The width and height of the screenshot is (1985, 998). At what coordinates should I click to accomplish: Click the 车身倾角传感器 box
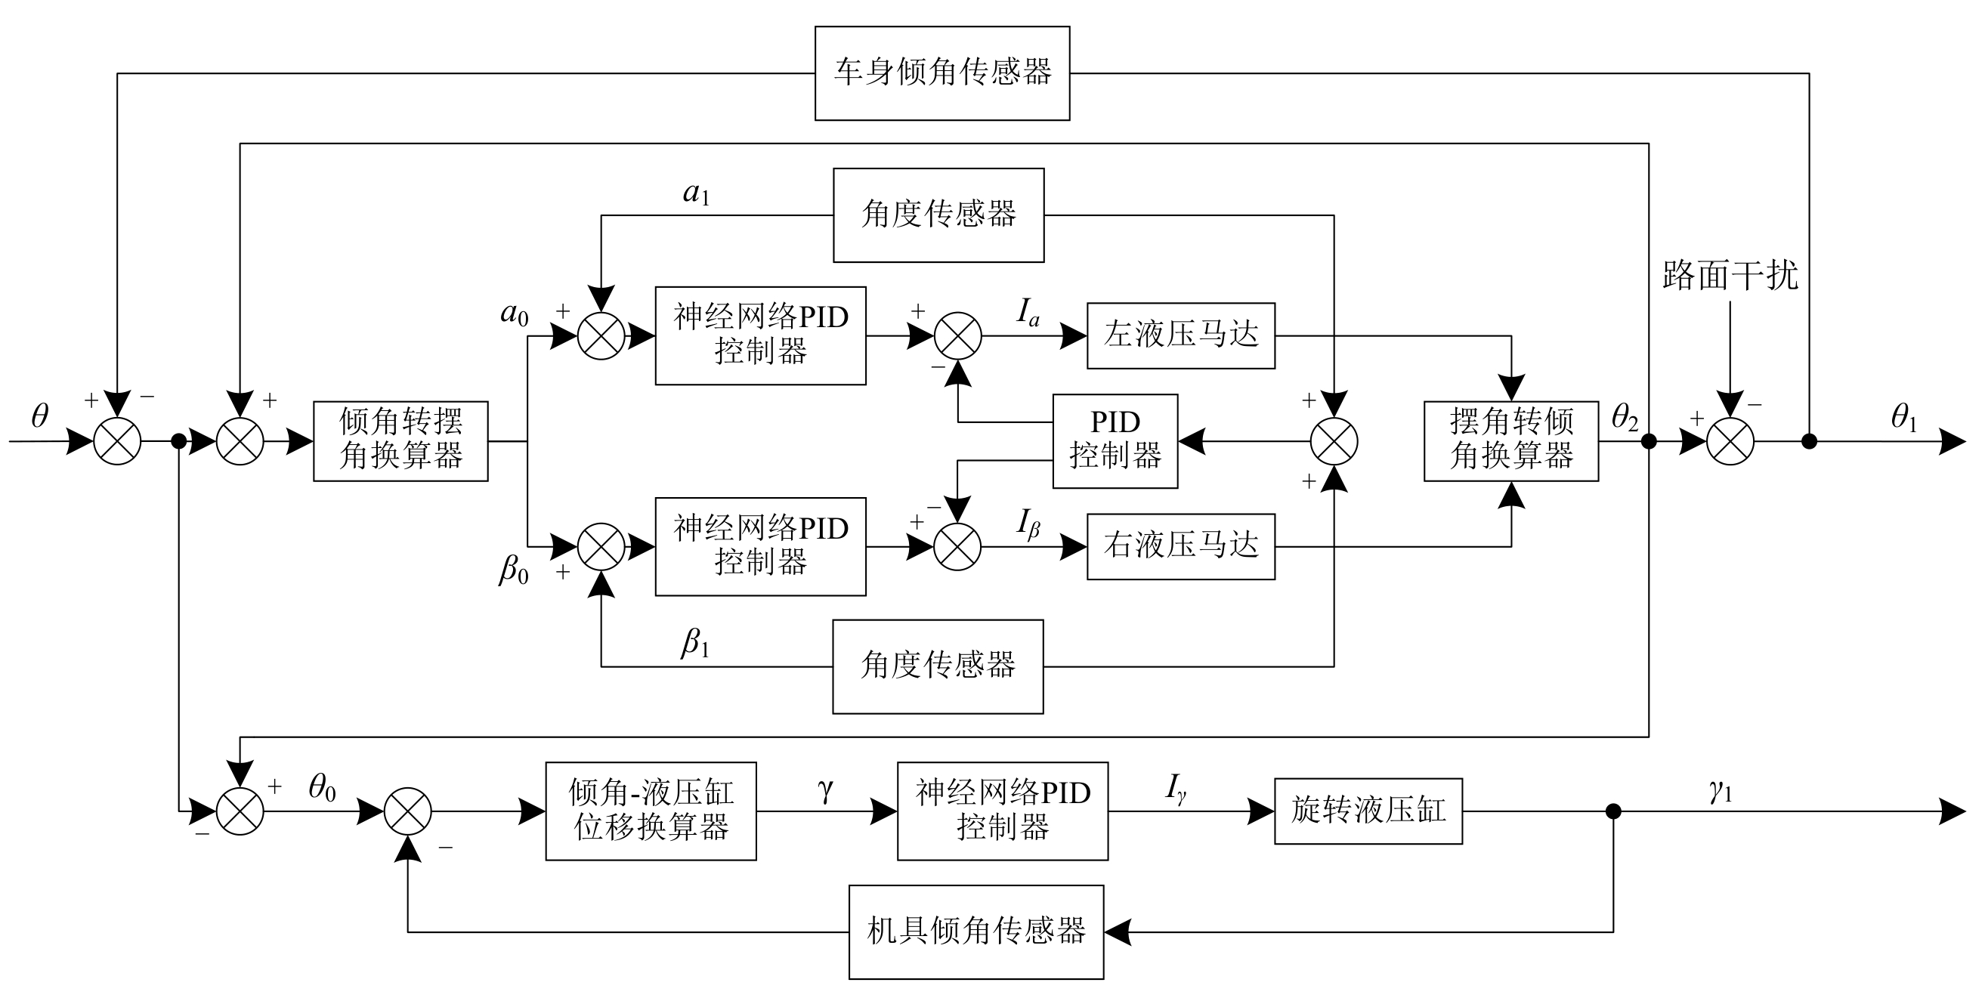(941, 73)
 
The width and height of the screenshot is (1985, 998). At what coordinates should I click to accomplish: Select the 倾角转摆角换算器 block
(400, 440)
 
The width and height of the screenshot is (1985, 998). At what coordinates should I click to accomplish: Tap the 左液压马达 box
(1180, 335)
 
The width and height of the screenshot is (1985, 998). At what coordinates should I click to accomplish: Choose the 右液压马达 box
(1180, 545)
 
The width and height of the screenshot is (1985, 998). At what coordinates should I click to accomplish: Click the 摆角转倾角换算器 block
(1510, 440)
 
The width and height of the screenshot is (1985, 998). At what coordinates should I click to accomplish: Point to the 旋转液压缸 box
(1368, 811)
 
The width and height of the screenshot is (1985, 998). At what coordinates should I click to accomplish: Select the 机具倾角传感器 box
(975, 932)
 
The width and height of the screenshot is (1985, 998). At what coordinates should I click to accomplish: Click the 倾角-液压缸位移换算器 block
(651, 811)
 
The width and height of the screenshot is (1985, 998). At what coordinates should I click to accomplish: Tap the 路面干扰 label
(1730, 276)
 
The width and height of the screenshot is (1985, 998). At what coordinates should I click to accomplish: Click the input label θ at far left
(39, 417)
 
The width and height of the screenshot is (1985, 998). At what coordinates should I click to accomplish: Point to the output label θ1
(1903, 419)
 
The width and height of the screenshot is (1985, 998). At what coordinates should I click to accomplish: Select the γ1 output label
(1720, 791)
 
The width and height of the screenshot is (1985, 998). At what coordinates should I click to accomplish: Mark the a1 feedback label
(696, 193)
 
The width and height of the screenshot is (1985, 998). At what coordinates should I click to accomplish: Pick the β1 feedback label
(694, 643)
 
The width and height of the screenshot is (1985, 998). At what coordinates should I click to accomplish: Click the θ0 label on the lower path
(322, 788)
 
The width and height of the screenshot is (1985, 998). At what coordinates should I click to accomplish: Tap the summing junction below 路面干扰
(1730, 442)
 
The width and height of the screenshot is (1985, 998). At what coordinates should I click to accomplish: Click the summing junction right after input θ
(117, 442)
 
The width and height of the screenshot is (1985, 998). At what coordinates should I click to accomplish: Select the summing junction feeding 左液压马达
(958, 336)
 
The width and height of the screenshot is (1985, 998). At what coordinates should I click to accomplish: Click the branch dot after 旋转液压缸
(1612, 811)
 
